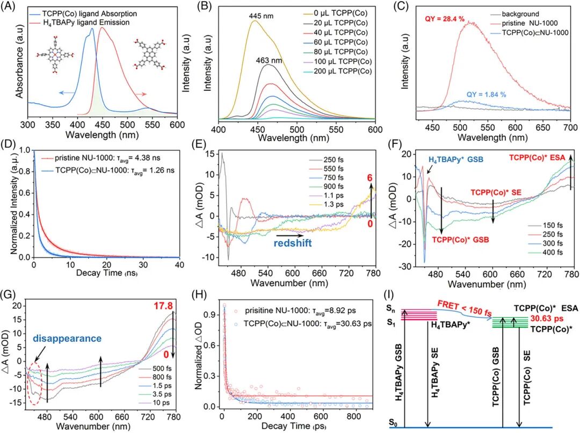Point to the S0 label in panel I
(392, 425)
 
